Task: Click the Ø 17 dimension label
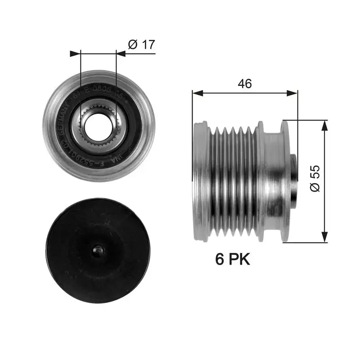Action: click(141, 44)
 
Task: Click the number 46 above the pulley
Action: click(245, 83)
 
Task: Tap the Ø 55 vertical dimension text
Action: click(315, 179)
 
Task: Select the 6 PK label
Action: click(233, 260)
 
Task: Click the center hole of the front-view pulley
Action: click(98, 126)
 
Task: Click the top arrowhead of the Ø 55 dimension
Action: click(323, 124)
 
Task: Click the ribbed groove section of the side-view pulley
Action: click(234, 180)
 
